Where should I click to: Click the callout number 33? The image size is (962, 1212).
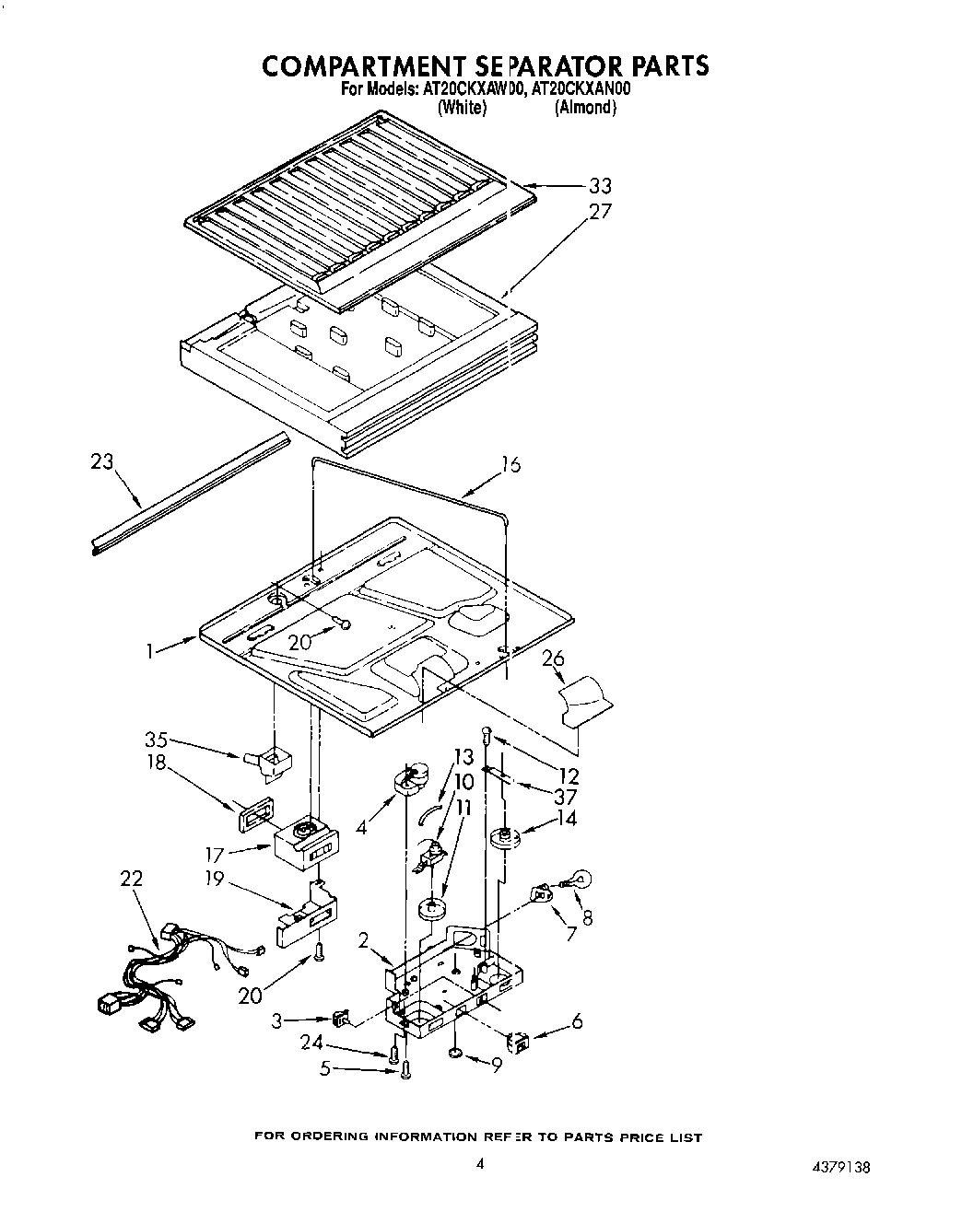(x=600, y=185)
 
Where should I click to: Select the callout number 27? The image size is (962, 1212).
(x=600, y=211)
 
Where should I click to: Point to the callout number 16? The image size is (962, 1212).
(x=510, y=464)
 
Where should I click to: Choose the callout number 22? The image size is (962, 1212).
(x=132, y=879)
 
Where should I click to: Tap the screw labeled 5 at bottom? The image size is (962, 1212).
(x=406, y=1068)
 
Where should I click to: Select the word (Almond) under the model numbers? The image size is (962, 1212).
(x=584, y=108)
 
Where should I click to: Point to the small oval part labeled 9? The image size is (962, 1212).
(x=456, y=1053)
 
